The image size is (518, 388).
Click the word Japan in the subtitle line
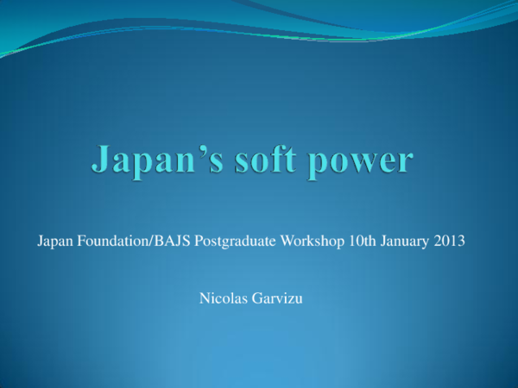[54, 242]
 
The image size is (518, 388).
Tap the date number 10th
[363, 242]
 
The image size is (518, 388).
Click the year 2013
[451, 242]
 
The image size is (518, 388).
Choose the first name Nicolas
[220, 299]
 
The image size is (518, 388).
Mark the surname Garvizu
[277, 299]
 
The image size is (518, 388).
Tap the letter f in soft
[294, 160]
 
